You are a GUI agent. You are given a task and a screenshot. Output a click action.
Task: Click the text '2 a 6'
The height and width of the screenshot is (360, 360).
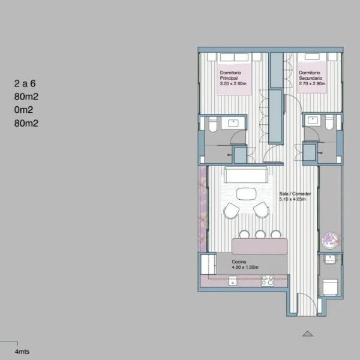tap(25, 83)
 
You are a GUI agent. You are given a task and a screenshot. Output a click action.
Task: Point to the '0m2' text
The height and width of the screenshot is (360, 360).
tap(23, 110)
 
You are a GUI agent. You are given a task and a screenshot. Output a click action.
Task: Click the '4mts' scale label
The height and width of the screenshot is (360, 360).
tap(22, 352)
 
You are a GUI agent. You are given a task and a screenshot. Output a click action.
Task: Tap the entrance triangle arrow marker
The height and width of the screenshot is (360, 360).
tap(308, 334)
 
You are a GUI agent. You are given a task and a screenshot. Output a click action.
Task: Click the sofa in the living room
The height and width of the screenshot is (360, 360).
tap(246, 175)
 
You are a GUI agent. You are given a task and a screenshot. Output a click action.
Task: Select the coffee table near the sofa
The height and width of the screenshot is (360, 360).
tap(247, 194)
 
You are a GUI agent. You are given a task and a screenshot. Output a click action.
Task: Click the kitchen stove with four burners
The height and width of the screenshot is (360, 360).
tap(268, 280)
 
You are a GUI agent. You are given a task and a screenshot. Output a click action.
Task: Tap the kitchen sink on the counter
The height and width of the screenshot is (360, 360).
tap(233, 281)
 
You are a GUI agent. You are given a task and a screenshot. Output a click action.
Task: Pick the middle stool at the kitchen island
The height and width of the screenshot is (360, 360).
tap(260, 234)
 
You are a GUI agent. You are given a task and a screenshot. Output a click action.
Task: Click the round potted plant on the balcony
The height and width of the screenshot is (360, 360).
tap(331, 241)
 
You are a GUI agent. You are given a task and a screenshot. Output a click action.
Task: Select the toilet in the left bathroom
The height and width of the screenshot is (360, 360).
tap(213, 124)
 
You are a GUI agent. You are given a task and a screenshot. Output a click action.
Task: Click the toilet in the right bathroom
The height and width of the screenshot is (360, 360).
tap(329, 122)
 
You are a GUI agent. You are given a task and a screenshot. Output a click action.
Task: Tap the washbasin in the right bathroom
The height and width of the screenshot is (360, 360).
tap(312, 120)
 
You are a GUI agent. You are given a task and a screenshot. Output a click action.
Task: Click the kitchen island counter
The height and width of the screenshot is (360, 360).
tap(260, 246)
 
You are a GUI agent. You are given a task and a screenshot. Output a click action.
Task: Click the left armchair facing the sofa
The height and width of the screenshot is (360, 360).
tap(232, 211)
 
